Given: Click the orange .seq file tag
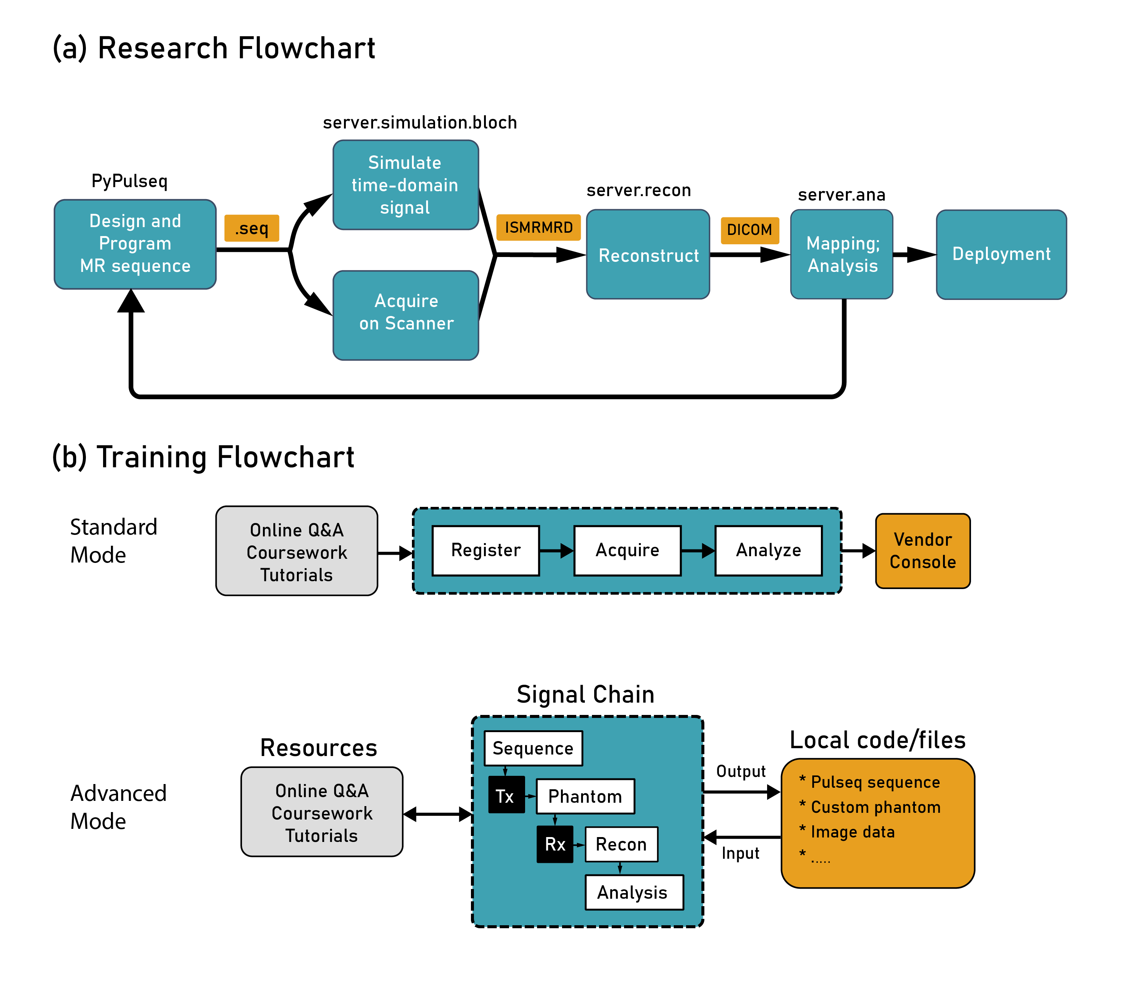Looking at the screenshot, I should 252,228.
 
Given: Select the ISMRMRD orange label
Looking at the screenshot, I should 538,227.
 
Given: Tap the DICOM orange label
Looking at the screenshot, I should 750,230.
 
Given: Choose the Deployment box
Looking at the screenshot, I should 1001,254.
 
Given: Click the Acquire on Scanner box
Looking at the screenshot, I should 406,315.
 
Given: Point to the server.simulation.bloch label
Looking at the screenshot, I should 420,123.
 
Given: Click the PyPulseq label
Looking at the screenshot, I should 129,181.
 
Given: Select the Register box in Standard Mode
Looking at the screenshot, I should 486,550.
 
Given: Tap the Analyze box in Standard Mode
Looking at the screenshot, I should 768,550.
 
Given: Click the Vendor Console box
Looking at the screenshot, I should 923,551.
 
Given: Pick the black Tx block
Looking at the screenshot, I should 506,795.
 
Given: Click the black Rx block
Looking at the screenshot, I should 555,844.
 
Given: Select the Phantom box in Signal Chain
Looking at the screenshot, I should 585,796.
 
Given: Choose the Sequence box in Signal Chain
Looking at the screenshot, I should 533,748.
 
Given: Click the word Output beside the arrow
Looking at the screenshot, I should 741,771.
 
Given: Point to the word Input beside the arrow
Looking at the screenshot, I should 740,853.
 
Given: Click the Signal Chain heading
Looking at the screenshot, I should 585,695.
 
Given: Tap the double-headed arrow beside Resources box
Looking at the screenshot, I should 437,814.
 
